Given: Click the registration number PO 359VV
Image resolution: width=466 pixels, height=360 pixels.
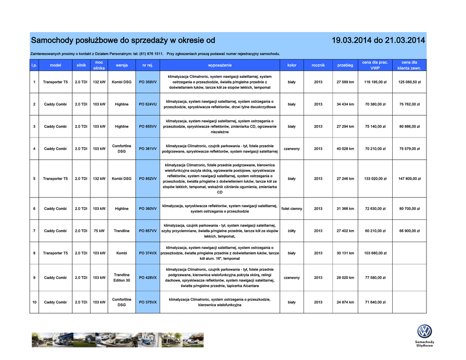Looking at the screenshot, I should point(147,82).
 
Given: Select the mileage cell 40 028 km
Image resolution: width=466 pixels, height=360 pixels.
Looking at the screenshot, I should point(345,149).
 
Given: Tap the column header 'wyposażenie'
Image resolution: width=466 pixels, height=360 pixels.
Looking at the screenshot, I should point(219,65).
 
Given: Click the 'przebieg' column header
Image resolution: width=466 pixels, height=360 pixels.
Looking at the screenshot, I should point(345,65).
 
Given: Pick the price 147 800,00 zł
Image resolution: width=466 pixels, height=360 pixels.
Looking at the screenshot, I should point(409,179).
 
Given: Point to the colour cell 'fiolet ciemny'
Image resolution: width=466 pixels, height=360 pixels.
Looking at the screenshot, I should point(292,208).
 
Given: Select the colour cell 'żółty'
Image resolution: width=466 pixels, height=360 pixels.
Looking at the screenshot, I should point(292,231).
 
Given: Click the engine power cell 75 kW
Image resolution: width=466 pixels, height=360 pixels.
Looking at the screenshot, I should point(99,231).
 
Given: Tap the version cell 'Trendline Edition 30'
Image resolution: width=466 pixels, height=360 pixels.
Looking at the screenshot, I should point(122,278).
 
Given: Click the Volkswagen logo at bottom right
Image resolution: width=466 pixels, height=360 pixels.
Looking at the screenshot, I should point(424,331).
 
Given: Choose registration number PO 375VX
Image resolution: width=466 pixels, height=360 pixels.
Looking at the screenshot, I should point(147,302).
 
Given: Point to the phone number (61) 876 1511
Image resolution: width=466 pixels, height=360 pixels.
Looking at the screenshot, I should point(151,54).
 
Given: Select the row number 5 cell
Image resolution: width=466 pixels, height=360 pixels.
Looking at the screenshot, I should point(34,179).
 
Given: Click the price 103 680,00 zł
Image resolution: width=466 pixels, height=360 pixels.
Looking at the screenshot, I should point(375,253).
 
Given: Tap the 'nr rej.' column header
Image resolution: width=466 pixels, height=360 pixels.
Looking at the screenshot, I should point(147,65).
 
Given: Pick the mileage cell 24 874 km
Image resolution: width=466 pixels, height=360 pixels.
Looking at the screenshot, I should point(345,302).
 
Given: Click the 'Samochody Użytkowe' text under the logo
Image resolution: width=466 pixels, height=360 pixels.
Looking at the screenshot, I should point(424,344).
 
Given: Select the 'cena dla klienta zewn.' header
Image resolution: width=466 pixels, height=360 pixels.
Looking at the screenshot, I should point(409,65).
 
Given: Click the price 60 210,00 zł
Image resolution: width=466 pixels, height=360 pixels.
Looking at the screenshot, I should point(375,231).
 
